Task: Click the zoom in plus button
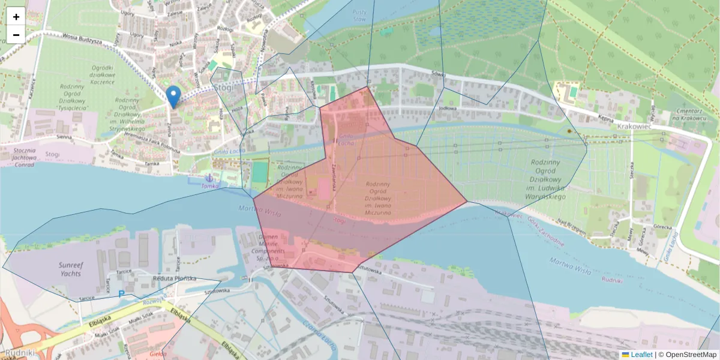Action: click(x=16, y=16)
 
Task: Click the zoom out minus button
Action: click(x=16, y=35)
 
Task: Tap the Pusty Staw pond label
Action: click(x=359, y=16)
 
